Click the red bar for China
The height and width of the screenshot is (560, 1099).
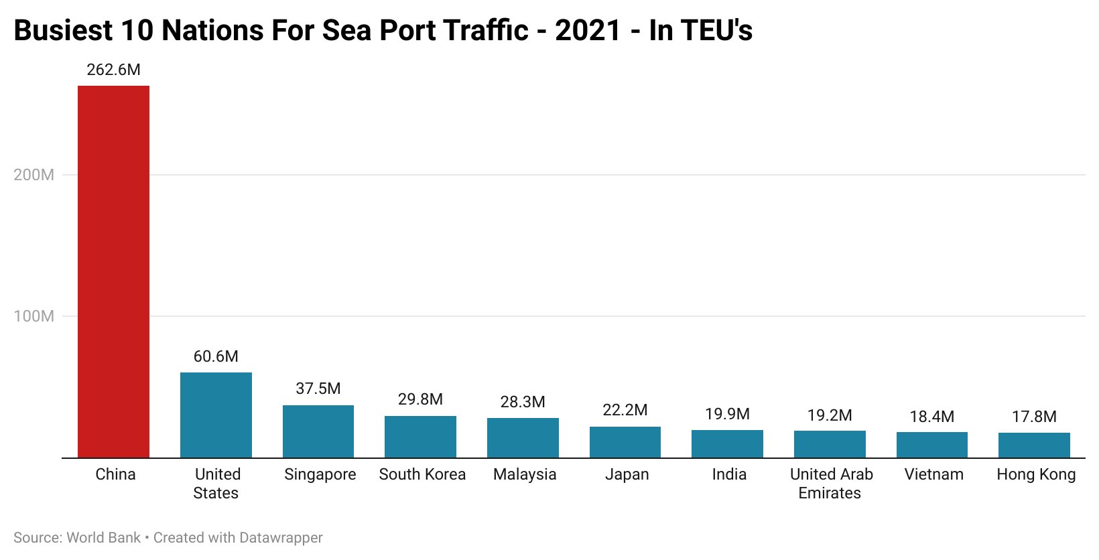point(113,271)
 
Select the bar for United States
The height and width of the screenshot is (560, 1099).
point(216,415)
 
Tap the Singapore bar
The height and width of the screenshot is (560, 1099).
point(318,431)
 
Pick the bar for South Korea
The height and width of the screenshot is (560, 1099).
point(420,437)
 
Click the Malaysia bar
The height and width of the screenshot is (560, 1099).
point(523,438)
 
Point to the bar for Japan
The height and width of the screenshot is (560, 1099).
point(625,442)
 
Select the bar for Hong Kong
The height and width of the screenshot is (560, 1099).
point(1034,445)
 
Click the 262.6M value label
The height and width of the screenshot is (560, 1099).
point(113,70)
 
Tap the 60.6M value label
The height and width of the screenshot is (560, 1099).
point(216,356)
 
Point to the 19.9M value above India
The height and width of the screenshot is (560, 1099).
point(727,414)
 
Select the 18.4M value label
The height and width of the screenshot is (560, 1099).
point(931,417)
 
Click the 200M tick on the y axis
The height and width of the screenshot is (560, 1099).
point(34,175)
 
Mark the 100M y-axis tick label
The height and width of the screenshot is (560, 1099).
point(34,316)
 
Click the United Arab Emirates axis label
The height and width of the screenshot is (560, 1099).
point(831,484)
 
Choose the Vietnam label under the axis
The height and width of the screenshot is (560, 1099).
point(933,474)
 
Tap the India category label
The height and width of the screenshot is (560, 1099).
point(729,474)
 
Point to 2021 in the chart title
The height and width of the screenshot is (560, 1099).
point(587,31)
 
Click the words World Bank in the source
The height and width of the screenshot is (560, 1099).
point(104,538)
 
